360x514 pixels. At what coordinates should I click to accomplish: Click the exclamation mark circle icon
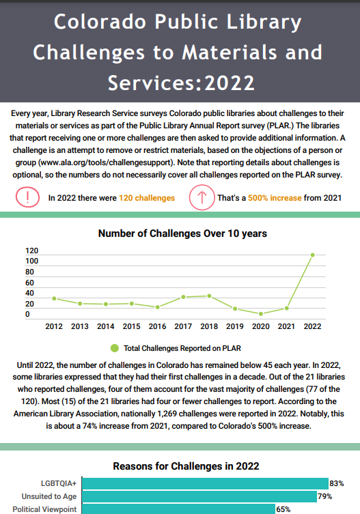click(x=27, y=198)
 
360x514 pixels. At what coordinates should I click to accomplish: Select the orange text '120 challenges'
click(x=146, y=198)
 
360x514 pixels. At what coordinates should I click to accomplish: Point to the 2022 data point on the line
click(x=312, y=255)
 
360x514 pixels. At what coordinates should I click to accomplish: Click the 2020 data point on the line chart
click(x=260, y=313)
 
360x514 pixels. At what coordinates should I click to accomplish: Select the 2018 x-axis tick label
click(x=208, y=326)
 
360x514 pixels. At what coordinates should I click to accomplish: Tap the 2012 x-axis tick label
click(x=54, y=326)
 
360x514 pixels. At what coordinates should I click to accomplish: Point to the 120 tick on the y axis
click(x=31, y=251)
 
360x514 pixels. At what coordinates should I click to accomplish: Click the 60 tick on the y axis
click(x=29, y=282)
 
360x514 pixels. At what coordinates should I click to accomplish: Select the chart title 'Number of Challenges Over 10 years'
click(x=182, y=233)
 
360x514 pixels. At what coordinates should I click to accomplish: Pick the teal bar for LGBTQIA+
click(x=204, y=483)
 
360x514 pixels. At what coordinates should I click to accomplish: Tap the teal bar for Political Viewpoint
click(x=178, y=509)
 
